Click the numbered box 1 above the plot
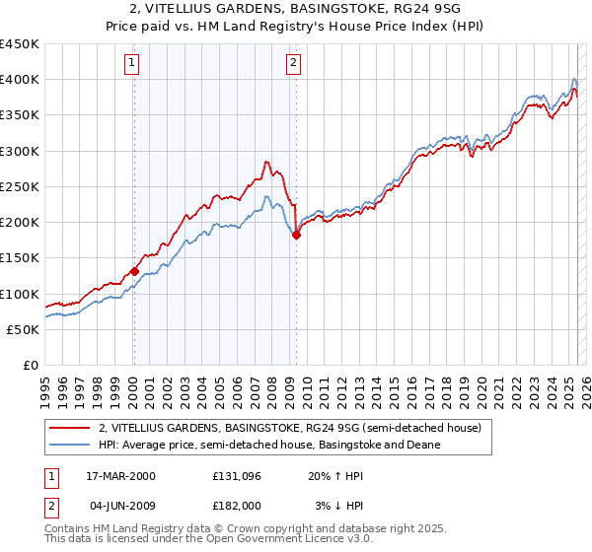[132, 64]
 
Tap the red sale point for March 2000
[134, 272]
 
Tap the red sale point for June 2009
[296, 235]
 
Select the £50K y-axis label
[23, 329]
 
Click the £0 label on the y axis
[31, 365]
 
